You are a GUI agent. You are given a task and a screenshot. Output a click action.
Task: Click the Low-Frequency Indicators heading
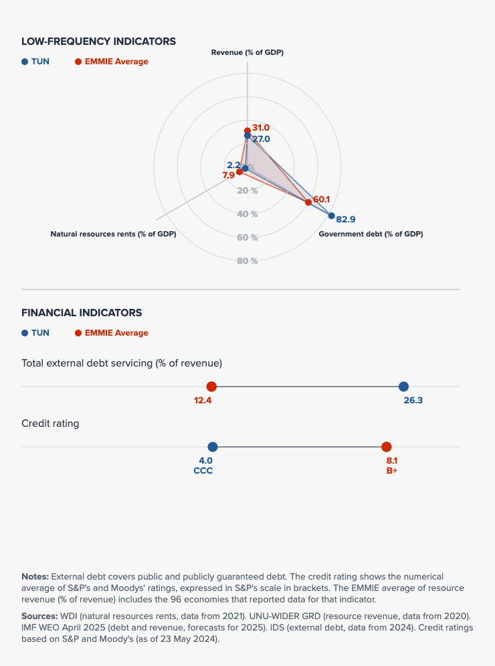98,42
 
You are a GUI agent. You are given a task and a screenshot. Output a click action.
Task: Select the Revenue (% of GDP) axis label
248,52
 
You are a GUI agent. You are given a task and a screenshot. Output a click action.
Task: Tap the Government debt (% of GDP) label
371,234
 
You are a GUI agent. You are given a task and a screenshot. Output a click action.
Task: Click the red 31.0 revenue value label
261,127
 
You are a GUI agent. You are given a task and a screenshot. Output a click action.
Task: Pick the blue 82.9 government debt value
346,219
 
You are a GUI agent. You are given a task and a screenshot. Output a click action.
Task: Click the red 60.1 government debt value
322,199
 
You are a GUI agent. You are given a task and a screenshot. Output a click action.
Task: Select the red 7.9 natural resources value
228,176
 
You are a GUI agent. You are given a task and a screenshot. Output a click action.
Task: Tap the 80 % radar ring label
248,261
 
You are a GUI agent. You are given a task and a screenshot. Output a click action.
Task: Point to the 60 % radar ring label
248,237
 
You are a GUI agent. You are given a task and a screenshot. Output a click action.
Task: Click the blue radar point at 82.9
332,215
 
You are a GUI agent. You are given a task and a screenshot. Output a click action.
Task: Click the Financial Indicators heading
82,313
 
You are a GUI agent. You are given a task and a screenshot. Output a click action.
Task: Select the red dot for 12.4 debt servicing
211,387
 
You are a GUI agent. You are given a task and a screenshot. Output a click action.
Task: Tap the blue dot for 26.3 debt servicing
403,387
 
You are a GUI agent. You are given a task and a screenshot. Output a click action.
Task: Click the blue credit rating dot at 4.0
213,447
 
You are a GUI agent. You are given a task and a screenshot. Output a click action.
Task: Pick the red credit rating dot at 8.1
386,447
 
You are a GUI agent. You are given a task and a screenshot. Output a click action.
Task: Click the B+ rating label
392,470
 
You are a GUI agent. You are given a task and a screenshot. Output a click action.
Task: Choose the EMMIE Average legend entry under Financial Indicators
112,333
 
